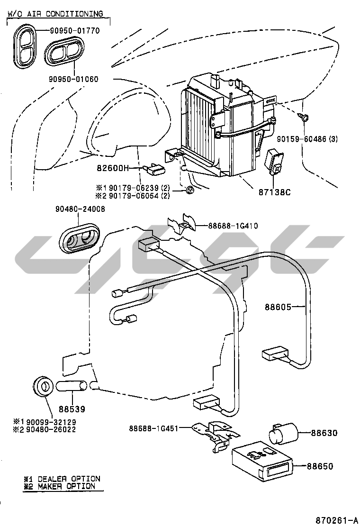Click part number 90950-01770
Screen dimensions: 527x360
(75, 31)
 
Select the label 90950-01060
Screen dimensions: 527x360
(73, 79)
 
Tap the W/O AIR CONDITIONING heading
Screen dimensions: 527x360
(55, 14)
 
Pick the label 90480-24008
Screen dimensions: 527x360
(80, 209)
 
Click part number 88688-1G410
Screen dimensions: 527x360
(233, 226)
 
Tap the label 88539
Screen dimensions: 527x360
(72, 408)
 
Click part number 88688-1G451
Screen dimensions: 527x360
(153, 428)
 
